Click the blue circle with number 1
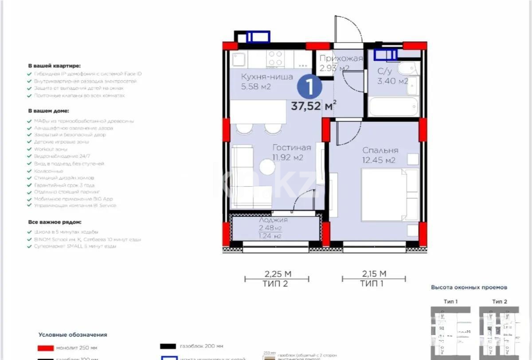pyautogui.click(x=309, y=86)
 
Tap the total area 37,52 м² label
pyautogui.click(x=313, y=106)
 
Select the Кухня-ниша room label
pyautogui.click(x=267, y=77)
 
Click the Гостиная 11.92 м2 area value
pyautogui.click(x=288, y=157)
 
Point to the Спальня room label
pyautogui.click(x=380, y=150)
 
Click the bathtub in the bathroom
pyautogui.click(x=393, y=107)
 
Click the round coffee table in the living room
pyautogui.click(x=267, y=167)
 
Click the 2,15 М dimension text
pyautogui.click(x=373, y=274)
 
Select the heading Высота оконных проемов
pyautogui.click(x=469, y=287)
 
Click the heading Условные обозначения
pyautogui.click(x=73, y=335)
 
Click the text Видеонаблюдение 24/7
pyautogui.click(x=62, y=157)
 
